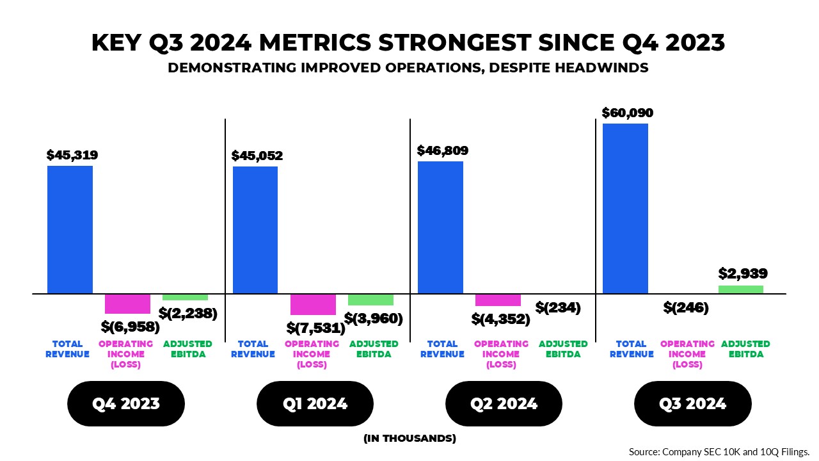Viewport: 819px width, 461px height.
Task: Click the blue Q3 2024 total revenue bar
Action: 625,209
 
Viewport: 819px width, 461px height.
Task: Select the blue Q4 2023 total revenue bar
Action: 70,230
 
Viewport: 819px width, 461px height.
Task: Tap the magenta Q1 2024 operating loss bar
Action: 313,304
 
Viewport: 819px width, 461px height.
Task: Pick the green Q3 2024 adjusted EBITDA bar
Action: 741,289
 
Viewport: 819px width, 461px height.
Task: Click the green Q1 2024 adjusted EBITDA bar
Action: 370,300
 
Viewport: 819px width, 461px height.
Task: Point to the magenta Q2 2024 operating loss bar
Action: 498,300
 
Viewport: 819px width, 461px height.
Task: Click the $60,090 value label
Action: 627,113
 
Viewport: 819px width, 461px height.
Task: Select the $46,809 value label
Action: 442,151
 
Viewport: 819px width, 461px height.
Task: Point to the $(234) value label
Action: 558,307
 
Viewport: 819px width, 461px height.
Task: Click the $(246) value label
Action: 686,308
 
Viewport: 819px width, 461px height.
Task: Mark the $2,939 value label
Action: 742,274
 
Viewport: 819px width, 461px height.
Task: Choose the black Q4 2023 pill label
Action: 126,404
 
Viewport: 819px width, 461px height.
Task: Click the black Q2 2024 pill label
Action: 504,404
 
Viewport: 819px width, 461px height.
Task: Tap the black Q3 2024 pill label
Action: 692,404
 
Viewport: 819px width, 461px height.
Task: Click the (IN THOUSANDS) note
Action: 409,439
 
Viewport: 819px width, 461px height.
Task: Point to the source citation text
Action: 720,451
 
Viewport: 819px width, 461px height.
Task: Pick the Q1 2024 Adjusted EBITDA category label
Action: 374,349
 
